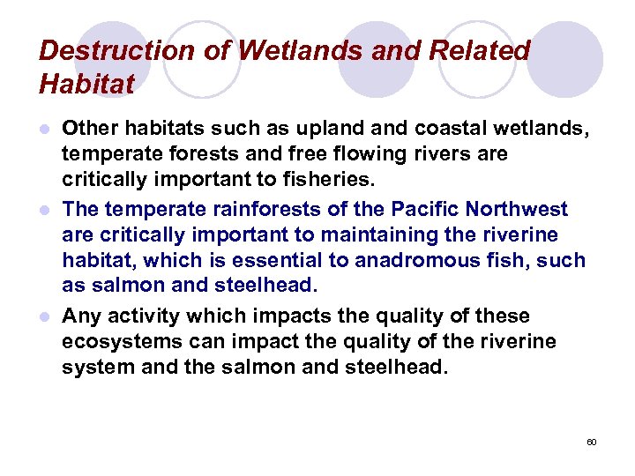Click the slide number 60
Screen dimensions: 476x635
(592, 441)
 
